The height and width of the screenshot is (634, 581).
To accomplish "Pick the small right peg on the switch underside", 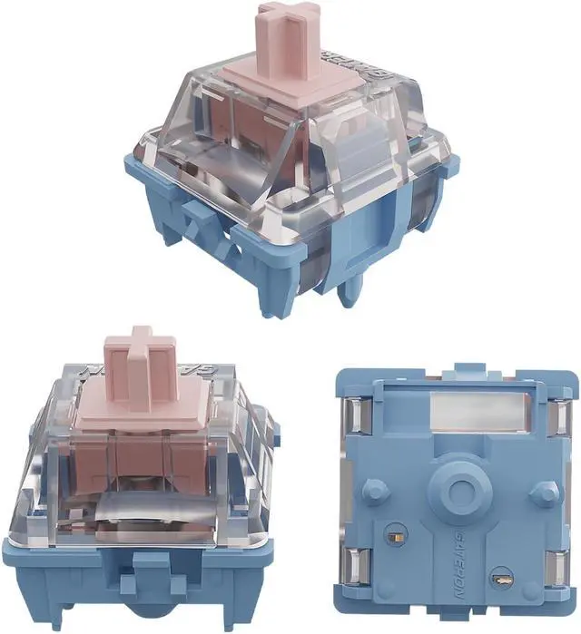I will pyautogui.click(x=544, y=493).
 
